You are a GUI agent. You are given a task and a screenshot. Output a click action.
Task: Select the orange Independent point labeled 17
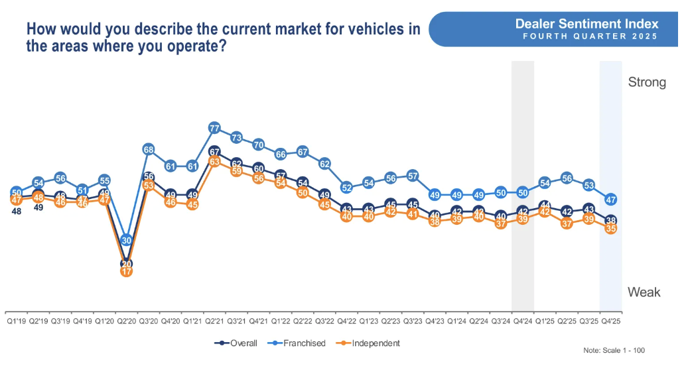coord(127,271)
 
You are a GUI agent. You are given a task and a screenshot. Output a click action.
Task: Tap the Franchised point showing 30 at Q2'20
coord(127,241)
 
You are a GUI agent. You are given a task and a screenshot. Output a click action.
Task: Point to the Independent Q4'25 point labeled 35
coord(611,228)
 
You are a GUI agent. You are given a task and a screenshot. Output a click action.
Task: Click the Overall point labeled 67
coord(214,152)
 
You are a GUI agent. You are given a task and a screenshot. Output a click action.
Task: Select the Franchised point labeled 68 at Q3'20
coord(149,149)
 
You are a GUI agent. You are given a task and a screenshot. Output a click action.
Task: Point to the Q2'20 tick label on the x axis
coord(127,320)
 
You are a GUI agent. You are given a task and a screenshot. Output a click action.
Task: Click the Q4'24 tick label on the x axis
coord(523,320)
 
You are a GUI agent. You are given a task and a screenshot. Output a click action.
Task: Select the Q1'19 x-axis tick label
coord(17,320)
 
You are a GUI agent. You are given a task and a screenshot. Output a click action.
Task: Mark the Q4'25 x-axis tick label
coord(611,320)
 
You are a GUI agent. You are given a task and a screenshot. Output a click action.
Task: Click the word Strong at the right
coord(647,82)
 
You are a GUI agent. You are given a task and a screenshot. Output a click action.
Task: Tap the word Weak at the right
coord(644,292)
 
